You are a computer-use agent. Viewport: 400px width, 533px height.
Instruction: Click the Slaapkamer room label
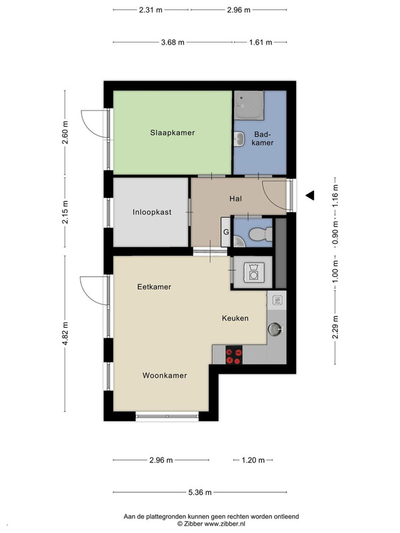point(173,133)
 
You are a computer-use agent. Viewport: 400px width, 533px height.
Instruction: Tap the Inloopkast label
point(152,212)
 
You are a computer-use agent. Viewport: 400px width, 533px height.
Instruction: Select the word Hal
point(236,199)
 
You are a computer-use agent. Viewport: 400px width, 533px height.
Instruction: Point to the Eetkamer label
point(154,286)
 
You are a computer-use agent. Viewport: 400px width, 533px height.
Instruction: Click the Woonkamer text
point(165,375)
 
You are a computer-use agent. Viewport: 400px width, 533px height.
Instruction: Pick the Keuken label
point(235,318)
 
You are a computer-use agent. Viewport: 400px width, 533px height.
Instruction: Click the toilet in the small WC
point(261,235)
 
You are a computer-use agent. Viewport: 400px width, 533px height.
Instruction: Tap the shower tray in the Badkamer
point(249,105)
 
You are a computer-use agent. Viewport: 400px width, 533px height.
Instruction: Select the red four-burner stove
point(234,355)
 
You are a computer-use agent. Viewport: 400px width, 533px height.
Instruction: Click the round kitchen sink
point(275,329)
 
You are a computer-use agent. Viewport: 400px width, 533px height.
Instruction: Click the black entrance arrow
point(310,195)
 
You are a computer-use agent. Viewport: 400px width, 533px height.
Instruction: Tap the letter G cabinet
point(226,232)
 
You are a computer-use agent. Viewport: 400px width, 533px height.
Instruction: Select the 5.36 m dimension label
point(200,492)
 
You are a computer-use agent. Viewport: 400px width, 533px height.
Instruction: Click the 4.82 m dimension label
point(65,333)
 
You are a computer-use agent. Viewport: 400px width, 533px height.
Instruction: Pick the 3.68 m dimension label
point(173,43)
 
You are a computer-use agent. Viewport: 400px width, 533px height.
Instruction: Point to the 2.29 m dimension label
point(335,327)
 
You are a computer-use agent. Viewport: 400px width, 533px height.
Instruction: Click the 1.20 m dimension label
point(253,460)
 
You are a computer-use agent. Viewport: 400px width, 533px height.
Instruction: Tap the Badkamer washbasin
point(239,139)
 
